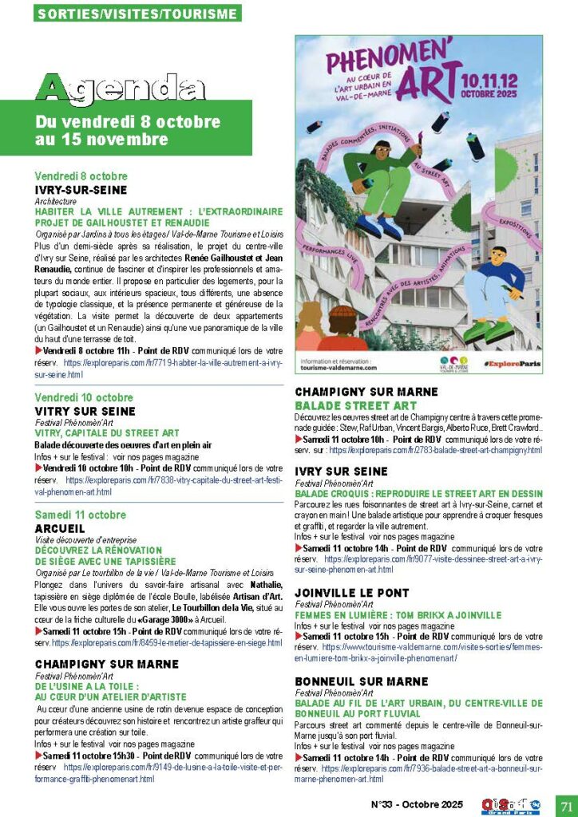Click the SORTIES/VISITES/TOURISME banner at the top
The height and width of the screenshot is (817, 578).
coord(138,14)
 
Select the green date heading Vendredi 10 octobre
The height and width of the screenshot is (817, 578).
coord(84,397)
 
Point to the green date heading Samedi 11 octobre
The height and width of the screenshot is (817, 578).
coord(81,515)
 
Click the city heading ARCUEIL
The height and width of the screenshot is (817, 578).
coord(61,528)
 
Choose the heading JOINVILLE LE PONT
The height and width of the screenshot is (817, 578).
coord(351,593)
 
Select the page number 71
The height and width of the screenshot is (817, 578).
coord(566,804)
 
